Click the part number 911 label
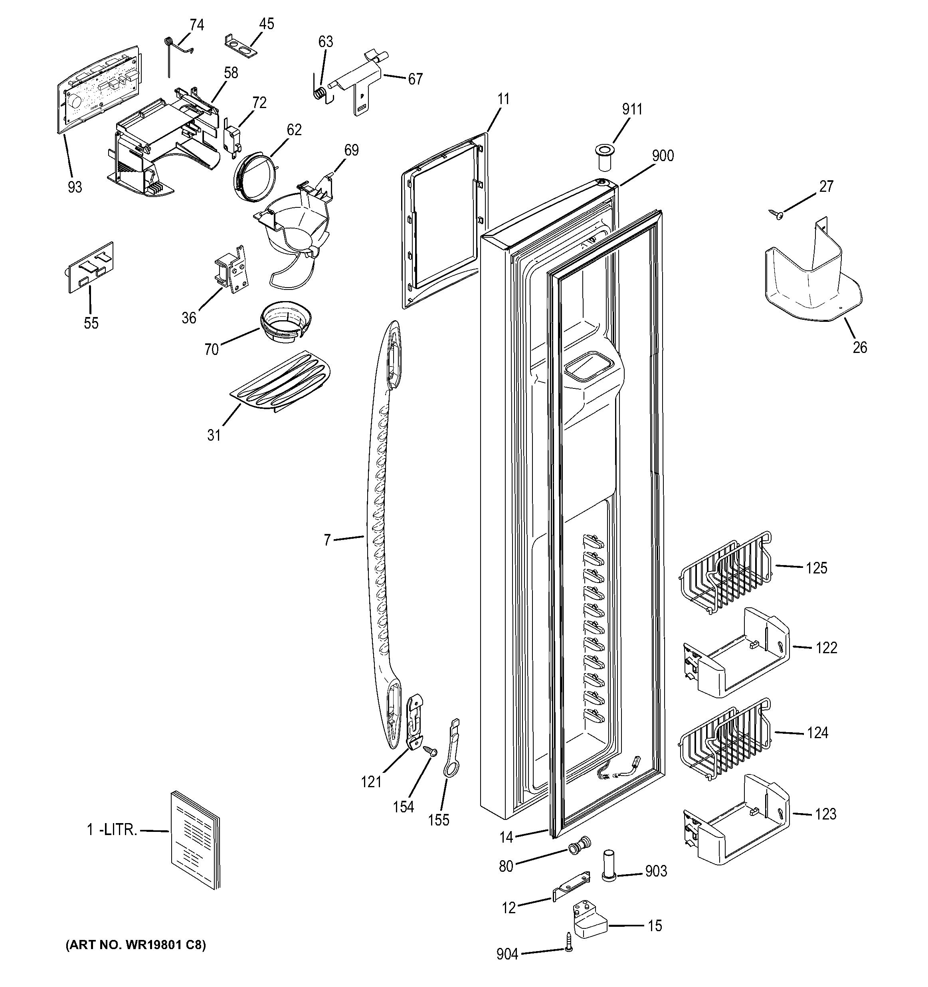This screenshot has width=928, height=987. (631, 109)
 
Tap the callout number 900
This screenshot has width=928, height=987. (663, 156)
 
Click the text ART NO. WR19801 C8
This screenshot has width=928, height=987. (136, 945)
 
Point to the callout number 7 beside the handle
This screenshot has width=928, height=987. (327, 540)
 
